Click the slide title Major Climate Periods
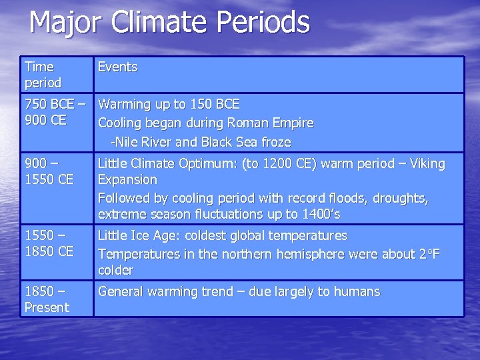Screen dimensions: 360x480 click(x=169, y=22)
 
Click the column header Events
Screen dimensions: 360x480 click(x=117, y=67)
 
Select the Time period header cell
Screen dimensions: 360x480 click(x=43, y=75)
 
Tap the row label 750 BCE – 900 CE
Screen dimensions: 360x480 click(x=55, y=113)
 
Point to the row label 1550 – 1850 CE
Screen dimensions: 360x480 click(x=49, y=243)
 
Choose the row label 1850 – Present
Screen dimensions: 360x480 click(x=47, y=299)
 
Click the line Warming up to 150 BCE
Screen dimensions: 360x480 click(x=169, y=105)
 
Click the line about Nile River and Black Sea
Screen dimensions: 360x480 click(x=201, y=142)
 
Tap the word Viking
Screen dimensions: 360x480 click(x=425, y=164)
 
